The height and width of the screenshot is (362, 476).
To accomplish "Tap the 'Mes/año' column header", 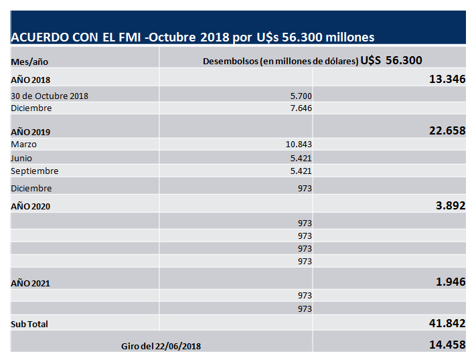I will coord(29,62).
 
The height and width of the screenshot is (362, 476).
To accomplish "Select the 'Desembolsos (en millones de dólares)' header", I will coord(281,61).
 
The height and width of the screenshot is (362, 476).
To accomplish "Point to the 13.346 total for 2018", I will coord(447,79).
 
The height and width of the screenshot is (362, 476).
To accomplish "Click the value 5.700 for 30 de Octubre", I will coord(300,96).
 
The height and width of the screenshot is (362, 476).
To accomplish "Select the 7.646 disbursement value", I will coord(300,108).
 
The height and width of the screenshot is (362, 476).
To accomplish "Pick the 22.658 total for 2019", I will coord(447,130).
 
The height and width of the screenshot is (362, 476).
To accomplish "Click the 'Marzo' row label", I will coord(24,144).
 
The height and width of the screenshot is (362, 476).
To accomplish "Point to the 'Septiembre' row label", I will coord(31,171).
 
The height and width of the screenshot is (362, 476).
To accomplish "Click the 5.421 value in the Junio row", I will coord(300,157).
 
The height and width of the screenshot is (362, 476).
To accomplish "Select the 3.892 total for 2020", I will coord(451,205).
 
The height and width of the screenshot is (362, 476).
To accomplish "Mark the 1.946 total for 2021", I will coord(451,282).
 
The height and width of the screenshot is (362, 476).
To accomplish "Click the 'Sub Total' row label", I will coord(29,324).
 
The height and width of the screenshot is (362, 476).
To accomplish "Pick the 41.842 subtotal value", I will coord(447,323).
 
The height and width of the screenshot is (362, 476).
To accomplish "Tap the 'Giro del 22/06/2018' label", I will coord(161,346).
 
